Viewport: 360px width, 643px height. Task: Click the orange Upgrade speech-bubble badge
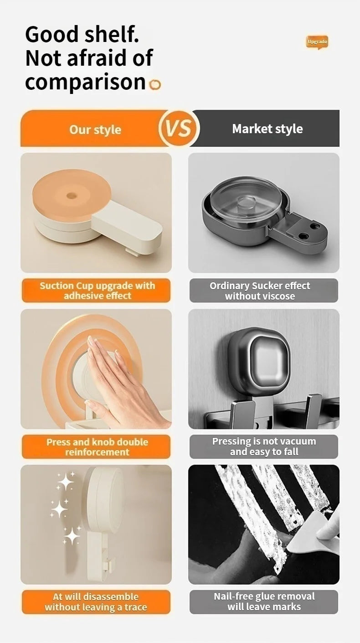(x=317, y=42)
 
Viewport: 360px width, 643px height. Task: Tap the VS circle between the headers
(x=179, y=128)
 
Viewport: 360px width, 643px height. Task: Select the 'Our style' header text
(x=95, y=130)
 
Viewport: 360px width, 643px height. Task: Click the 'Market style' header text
(x=267, y=129)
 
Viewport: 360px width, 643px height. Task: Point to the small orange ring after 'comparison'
(x=155, y=84)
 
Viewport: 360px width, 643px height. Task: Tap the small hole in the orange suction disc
(x=72, y=196)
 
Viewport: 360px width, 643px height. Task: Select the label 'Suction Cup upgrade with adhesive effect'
(x=97, y=290)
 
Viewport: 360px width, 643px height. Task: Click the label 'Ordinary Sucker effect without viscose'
(x=260, y=291)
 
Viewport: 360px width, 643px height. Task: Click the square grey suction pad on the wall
(x=258, y=361)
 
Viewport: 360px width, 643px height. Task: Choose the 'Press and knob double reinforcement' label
(x=97, y=447)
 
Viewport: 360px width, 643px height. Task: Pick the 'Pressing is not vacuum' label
(x=264, y=441)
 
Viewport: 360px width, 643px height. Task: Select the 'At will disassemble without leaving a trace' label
(x=96, y=602)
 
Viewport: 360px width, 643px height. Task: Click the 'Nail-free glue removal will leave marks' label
(x=264, y=602)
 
